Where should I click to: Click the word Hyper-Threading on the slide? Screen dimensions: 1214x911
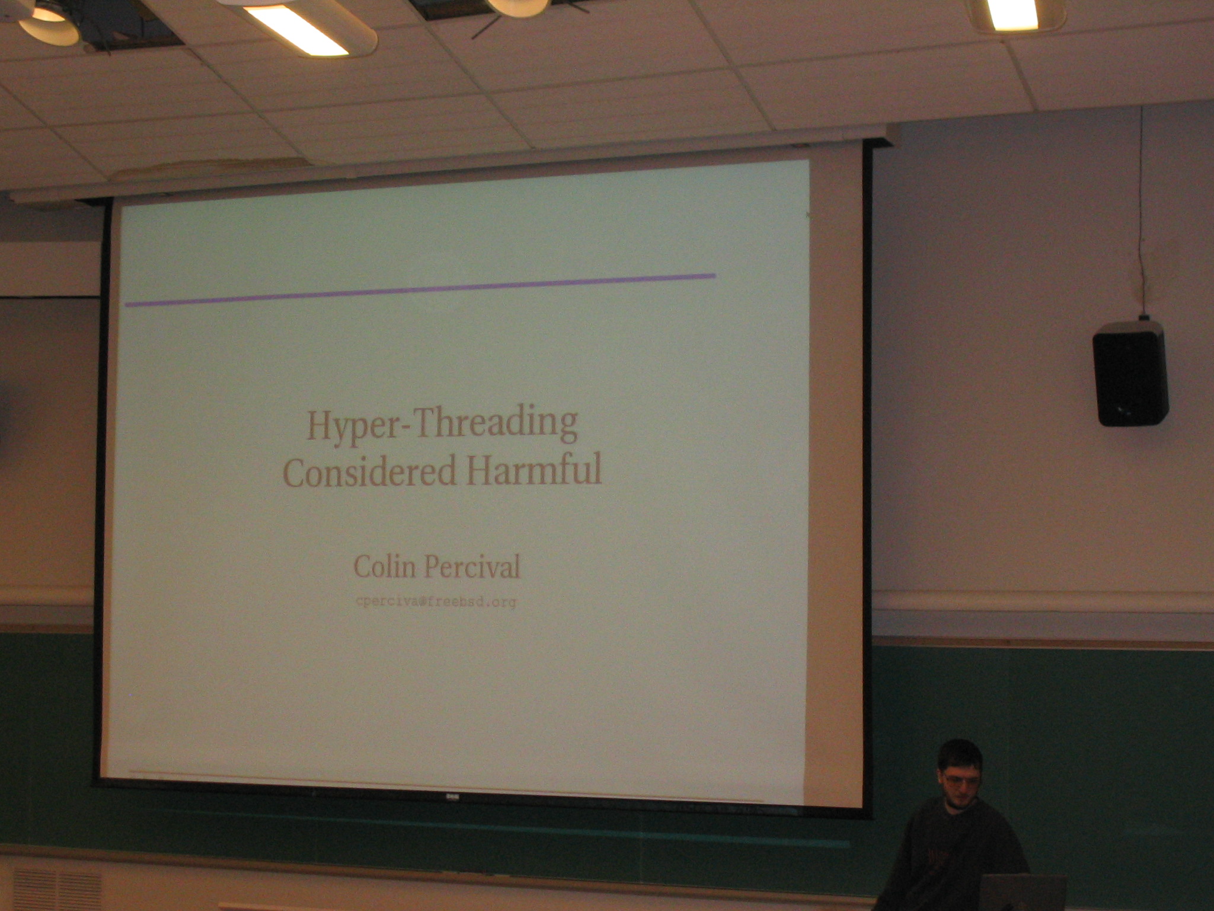(442, 424)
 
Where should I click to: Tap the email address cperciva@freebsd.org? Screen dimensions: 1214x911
(436, 602)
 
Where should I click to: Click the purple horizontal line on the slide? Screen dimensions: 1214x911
(420, 290)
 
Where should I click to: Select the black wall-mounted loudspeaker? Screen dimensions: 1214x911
(1130, 373)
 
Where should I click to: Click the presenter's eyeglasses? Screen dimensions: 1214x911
(960, 779)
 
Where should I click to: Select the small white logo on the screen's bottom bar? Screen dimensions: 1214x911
(452, 797)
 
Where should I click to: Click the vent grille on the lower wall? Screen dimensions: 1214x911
(57, 890)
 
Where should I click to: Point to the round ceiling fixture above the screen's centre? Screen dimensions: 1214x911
(517, 7)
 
